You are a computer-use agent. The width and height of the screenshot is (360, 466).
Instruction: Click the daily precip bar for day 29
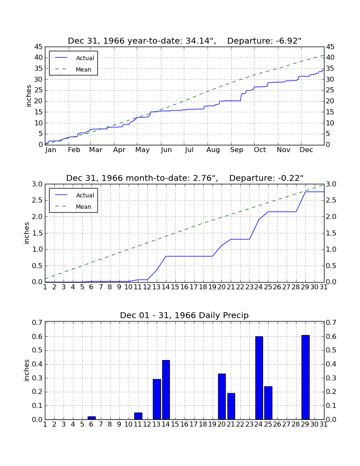click(x=305, y=377)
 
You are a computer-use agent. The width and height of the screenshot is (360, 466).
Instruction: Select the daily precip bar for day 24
click(x=259, y=378)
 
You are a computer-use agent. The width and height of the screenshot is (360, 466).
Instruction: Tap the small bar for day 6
click(x=92, y=418)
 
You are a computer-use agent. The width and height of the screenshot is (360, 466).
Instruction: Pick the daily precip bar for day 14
click(x=166, y=390)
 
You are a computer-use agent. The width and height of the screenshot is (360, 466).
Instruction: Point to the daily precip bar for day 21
click(x=231, y=406)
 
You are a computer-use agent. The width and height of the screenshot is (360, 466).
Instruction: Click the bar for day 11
click(x=138, y=416)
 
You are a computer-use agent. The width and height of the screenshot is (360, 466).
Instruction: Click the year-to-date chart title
click(x=185, y=41)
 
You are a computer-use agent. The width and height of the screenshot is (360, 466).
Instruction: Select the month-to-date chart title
click(x=185, y=178)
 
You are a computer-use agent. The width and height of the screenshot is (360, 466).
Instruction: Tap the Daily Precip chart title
click(x=184, y=315)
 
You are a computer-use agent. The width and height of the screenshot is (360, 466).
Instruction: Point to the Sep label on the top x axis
click(x=236, y=150)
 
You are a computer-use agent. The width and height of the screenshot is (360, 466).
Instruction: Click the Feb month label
click(x=74, y=150)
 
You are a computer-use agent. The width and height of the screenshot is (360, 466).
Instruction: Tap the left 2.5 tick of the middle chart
click(x=37, y=200)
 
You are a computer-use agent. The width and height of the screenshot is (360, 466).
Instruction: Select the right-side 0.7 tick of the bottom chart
click(x=331, y=322)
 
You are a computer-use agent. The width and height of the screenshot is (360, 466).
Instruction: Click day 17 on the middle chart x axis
click(x=194, y=287)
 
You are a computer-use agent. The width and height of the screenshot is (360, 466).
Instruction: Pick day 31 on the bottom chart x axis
click(x=324, y=424)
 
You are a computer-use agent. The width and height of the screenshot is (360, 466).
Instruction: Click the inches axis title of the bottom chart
click(x=27, y=370)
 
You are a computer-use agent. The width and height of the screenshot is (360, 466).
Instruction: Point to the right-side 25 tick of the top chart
click(x=330, y=90)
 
